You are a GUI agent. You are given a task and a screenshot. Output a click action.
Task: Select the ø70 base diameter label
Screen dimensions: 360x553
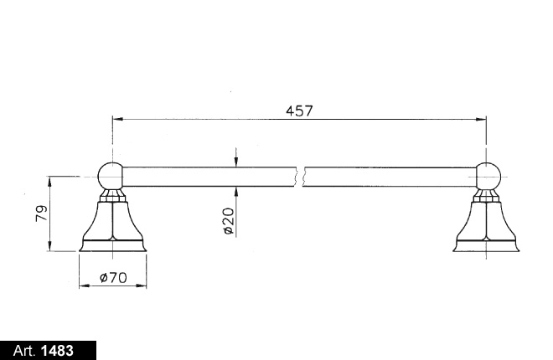tap(112, 277)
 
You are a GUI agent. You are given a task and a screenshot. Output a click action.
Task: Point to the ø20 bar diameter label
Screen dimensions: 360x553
tap(228, 219)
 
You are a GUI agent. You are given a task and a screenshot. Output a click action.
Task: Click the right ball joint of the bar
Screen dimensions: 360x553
tap(488, 177)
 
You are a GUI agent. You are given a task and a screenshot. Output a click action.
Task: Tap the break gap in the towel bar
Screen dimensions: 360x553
tap(299, 177)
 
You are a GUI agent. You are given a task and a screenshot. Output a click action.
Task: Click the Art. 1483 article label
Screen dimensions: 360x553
tap(49, 350)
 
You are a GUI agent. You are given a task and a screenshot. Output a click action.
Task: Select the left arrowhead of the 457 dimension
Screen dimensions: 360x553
tap(116, 120)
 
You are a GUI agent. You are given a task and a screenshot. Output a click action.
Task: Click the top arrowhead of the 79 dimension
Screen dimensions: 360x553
tap(50, 180)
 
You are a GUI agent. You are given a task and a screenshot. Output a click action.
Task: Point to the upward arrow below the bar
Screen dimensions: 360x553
tap(237, 191)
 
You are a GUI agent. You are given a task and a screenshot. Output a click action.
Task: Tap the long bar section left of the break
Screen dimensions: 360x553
tap(209, 177)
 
